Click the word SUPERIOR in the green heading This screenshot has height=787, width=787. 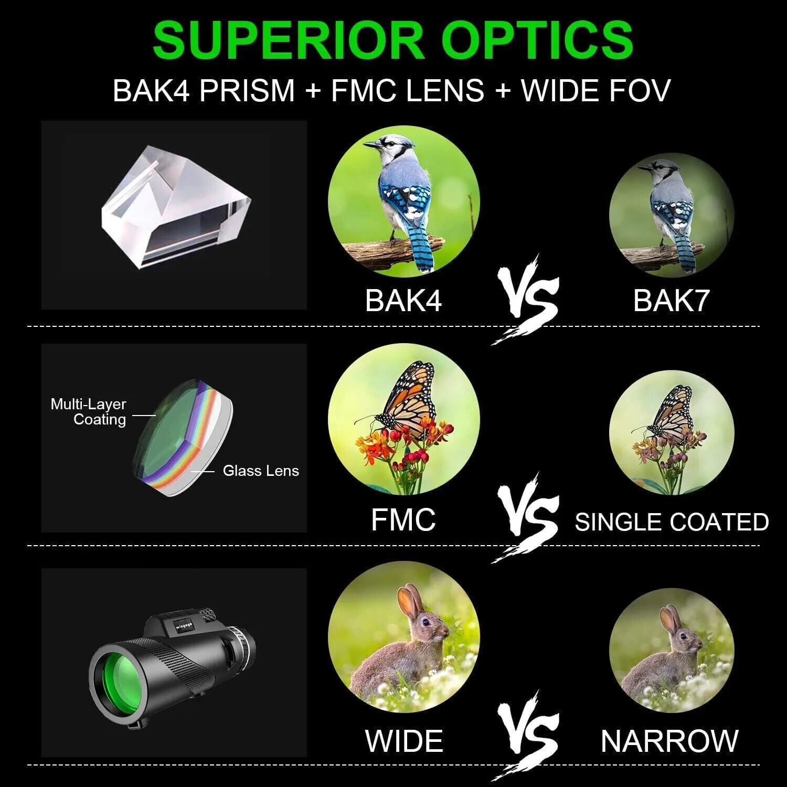pyautogui.click(x=288, y=40)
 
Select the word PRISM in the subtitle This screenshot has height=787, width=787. pyautogui.click(x=247, y=90)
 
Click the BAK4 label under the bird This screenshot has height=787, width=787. pyautogui.click(x=403, y=300)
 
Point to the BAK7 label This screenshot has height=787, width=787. pyautogui.click(x=671, y=300)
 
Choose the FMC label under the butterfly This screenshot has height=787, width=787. pyautogui.click(x=403, y=519)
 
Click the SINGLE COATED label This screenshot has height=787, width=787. pyautogui.click(x=672, y=522)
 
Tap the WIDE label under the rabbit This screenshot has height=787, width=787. pyautogui.click(x=403, y=741)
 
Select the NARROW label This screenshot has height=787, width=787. pyautogui.click(x=669, y=741)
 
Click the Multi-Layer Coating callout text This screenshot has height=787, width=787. pyautogui.click(x=88, y=412)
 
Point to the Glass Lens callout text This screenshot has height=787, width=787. pyautogui.click(x=261, y=471)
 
